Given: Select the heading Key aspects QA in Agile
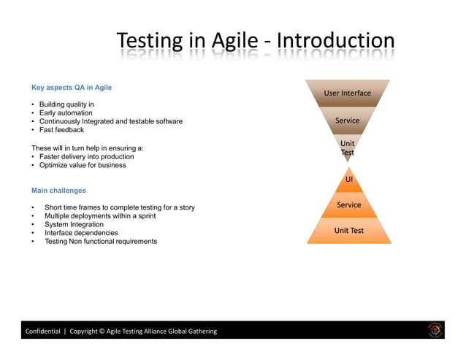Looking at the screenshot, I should click(72, 88).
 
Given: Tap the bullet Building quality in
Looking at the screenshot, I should click(66, 104).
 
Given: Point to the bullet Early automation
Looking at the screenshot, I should click(66, 113).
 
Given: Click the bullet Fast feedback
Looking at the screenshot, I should click(61, 130).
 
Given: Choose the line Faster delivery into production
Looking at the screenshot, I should click(86, 156).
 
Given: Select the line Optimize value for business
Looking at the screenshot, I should click(83, 165).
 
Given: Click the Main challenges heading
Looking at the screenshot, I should click(58, 191).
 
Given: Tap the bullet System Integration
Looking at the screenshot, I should click(74, 224).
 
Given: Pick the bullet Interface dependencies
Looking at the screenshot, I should click(81, 233).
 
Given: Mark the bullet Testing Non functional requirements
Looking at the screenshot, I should click(101, 242).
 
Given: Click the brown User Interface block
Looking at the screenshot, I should click(348, 93).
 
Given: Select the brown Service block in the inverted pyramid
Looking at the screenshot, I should click(348, 120).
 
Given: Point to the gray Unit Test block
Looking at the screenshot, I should click(348, 148).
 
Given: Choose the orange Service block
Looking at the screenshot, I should click(349, 205).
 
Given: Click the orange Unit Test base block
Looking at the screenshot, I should click(349, 231).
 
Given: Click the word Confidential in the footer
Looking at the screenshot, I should click(43, 331).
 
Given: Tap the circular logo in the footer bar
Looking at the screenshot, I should click(435, 330).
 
